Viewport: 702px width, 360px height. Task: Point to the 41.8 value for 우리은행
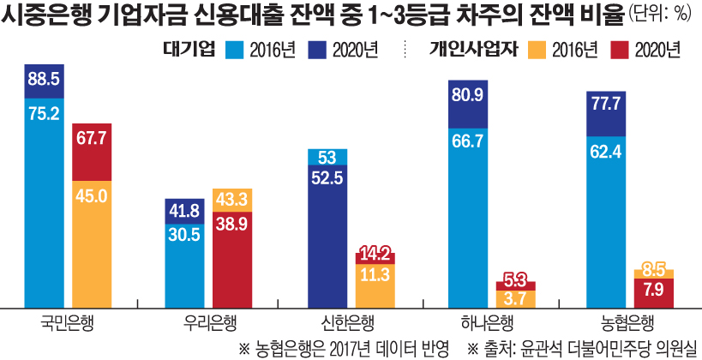(x=184, y=210)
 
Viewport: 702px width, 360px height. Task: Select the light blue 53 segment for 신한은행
(x=327, y=156)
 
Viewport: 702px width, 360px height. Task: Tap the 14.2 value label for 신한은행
(x=375, y=254)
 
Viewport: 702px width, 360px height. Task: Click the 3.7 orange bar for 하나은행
(x=516, y=298)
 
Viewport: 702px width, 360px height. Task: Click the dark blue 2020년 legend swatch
(x=323, y=50)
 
